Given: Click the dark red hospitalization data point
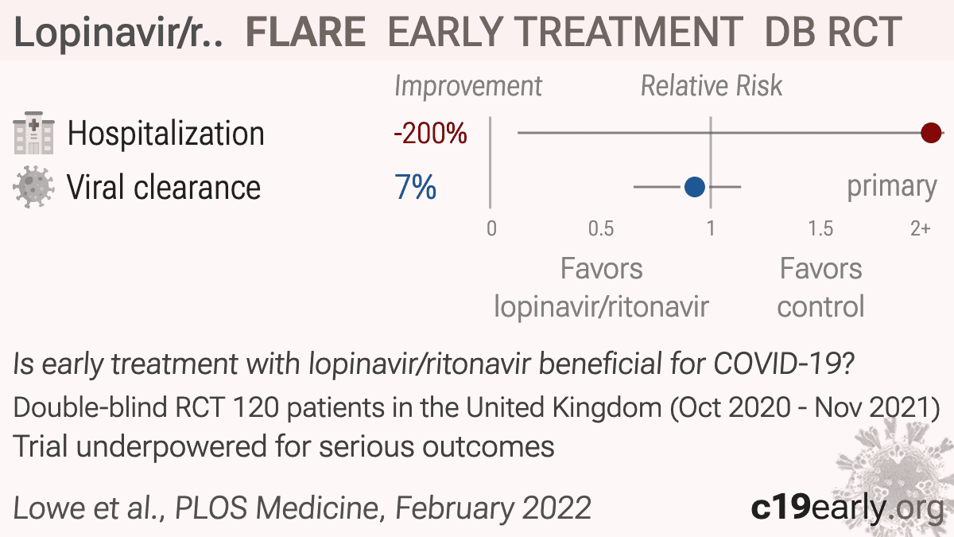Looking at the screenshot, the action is [931, 133].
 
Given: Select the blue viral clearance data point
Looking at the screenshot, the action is [695, 187].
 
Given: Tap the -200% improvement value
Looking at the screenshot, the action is [430, 134].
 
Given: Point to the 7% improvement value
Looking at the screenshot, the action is [415, 187].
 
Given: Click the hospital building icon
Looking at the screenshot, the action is [34, 133].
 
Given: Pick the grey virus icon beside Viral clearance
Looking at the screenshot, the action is [33, 187].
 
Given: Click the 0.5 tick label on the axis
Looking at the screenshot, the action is [601, 229].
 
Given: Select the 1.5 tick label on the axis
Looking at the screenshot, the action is [820, 229].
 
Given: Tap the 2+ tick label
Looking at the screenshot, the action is [921, 229].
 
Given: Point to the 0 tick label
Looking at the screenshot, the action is [491, 229].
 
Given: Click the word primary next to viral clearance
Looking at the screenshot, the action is [892, 188].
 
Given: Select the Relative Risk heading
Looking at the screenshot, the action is [712, 86].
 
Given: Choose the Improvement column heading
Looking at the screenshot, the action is [468, 87].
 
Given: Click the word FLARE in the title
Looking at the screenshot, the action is [305, 32].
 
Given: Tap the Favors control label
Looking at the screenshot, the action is [820, 287].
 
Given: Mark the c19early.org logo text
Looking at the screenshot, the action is [847, 508].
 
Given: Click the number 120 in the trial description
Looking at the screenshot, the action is [255, 407].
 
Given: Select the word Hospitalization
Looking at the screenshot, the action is [166, 134].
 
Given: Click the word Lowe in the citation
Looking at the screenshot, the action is [50, 508].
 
